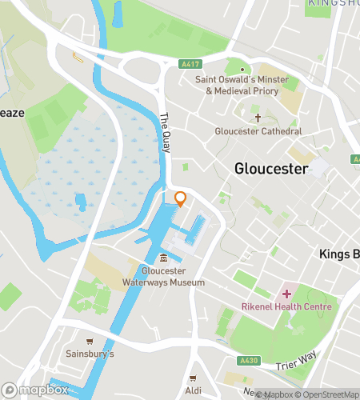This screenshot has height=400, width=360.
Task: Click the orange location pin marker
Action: pyautogui.click(x=181, y=198)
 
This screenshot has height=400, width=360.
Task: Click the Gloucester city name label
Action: pyautogui.click(x=272, y=169)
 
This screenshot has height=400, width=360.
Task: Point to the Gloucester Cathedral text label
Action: pyautogui.click(x=258, y=131)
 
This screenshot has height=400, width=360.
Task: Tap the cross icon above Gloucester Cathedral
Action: pyautogui.click(x=258, y=118)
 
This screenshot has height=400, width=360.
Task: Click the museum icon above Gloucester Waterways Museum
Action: pyautogui.click(x=163, y=258)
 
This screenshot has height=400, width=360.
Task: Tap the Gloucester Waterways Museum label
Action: pyautogui.click(x=163, y=276)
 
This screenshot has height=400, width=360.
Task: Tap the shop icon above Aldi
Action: pyautogui.click(x=192, y=378)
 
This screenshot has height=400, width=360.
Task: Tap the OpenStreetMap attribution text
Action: pyautogui.click(x=327, y=394)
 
